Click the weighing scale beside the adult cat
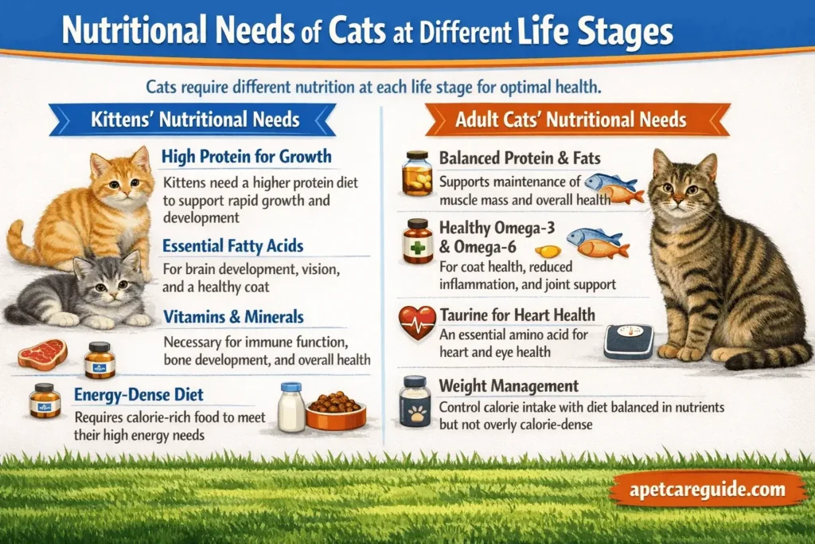[628, 342]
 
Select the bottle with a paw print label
[415, 401]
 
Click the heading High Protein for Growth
[246, 156]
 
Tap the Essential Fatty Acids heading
[233, 245]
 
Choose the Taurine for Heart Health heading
[517, 315]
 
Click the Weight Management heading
[509, 386]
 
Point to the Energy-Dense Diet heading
[138, 394]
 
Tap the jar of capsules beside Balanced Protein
[417, 174]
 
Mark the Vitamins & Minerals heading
[233, 316]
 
